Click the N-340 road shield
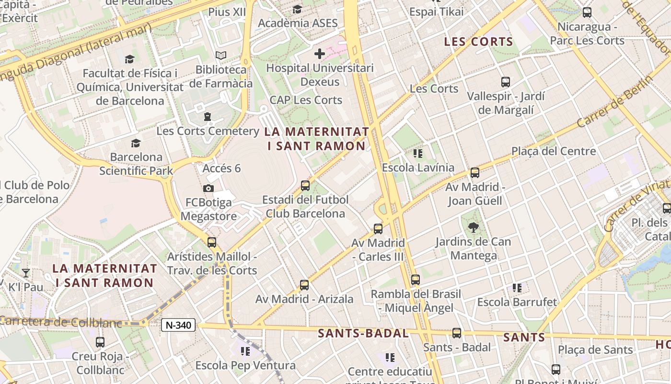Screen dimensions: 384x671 pos(178,325)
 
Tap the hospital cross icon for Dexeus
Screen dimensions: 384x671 pos(320,53)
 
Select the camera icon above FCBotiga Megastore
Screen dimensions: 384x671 pos(208,188)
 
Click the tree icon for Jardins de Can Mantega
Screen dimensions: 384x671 pos(473,227)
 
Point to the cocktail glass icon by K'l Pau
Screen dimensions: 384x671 pos(26,273)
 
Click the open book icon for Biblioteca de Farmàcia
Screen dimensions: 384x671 pos(220,56)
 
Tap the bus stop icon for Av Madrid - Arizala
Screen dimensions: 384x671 pos(304,285)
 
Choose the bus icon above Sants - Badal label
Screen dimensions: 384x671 pos(456,333)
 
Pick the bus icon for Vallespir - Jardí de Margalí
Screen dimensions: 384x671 pos(505,82)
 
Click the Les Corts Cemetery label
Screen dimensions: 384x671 pos(208,131)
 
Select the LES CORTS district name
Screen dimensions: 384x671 pos(478,42)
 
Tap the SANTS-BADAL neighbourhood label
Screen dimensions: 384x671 pos(363,333)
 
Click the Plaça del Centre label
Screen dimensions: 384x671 pos(554,151)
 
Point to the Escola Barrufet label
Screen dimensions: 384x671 pos(517,302)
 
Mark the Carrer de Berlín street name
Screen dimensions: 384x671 pos(615,102)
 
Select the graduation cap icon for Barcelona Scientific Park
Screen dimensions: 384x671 pos(136,143)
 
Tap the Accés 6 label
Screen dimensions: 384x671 pos(221,168)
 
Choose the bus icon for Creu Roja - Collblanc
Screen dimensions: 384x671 pos(100,342)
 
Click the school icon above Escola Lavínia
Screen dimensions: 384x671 pos(417,154)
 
